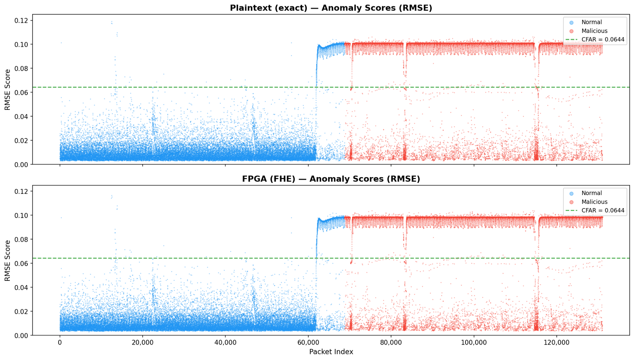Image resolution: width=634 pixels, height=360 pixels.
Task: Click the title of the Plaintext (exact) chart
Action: (331, 8)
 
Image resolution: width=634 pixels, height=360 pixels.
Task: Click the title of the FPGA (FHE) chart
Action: (331, 179)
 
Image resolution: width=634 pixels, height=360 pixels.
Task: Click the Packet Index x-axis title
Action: (331, 352)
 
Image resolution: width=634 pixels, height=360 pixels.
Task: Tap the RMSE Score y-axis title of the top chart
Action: (8, 90)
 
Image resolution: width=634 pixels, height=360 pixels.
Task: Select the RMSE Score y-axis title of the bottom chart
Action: (8, 260)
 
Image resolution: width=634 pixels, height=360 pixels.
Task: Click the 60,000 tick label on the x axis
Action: (308, 343)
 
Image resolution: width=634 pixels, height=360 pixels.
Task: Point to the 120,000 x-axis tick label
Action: (556, 343)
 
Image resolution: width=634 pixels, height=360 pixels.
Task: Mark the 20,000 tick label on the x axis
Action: (142, 343)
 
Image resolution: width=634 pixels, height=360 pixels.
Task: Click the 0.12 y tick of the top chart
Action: (21, 20)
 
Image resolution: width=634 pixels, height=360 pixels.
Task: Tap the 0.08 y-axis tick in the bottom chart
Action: (21, 239)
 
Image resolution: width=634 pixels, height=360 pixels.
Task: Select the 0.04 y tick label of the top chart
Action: (21, 117)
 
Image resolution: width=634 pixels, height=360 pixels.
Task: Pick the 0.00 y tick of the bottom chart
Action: (21, 336)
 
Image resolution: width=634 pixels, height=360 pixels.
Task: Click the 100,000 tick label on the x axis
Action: (474, 343)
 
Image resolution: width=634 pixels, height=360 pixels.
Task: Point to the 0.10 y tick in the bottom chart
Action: (21, 215)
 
